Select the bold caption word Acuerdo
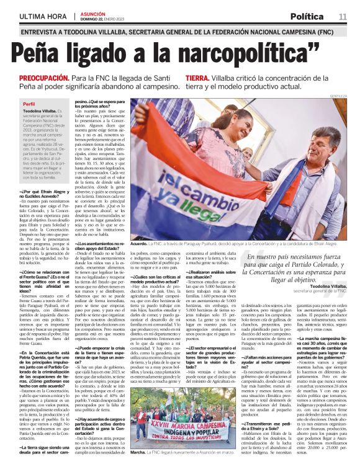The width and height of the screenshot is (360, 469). tap(140, 245)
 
